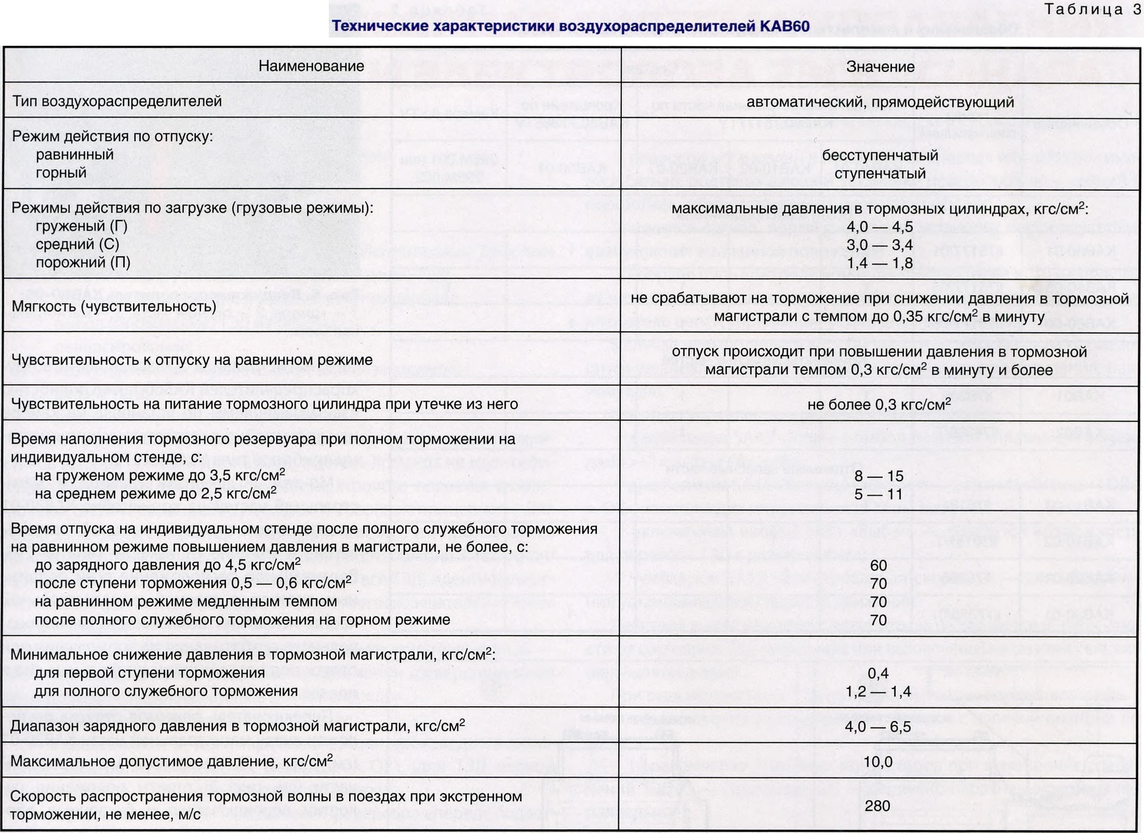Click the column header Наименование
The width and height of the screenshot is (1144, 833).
pyautogui.click(x=311, y=66)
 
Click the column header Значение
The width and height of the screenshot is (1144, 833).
pyautogui.click(x=880, y=67)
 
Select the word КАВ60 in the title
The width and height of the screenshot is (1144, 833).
pyautogui.click(x=784, y=26)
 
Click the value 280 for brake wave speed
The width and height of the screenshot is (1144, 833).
pyautogui.click(x=877, y=805)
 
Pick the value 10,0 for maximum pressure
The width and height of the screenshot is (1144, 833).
pyautogui.click(x=878, y=762)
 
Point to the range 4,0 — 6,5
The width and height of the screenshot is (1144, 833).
pyautogui.click(x=878, y=726)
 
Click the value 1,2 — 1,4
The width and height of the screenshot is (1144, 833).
pyautogui.click(x=878, y=691)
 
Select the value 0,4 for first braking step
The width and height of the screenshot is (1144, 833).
pyautogui.click(x=878, y=673)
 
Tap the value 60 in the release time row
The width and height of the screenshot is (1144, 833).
pyautogui.click(x=879, y=565)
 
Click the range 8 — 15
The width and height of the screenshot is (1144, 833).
pyautogui.click(x=879, y=476)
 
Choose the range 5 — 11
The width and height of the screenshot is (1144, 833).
pyautogui.click(x=879, y=494)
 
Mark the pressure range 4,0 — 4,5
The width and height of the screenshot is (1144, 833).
pyautogui.click(x=880, y=227)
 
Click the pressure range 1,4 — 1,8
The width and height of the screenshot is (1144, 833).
pyautogui.click(x=880, y=263)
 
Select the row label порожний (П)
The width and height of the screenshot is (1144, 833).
pyautogui.click(x=83, y=262)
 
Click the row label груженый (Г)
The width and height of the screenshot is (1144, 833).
pyautogui.click(x=82, y=226)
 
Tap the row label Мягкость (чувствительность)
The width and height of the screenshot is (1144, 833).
pyautogui.click(x=114, y=306)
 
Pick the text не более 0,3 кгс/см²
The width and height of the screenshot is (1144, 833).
pyautogui.click(x=879, y=404)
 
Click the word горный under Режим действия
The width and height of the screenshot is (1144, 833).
pyautogui.click(x=61, y=173)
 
